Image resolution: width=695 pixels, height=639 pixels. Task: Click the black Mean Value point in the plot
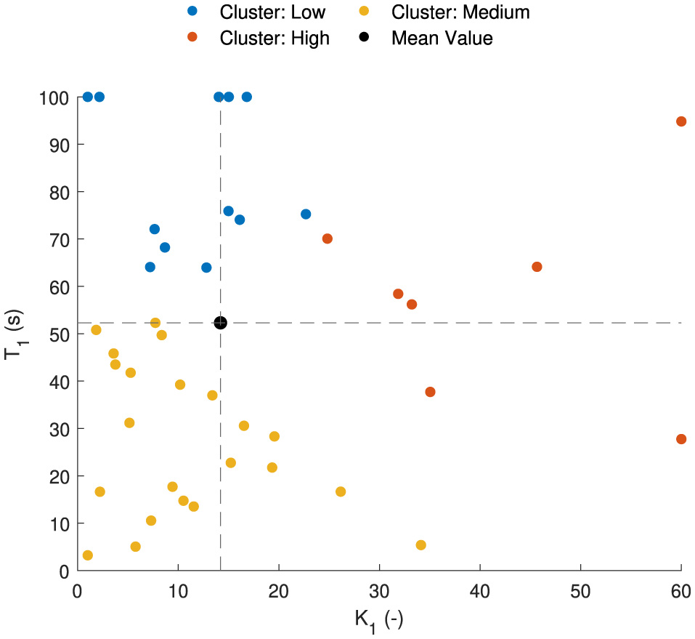221,323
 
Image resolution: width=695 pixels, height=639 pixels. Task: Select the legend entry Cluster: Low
272,12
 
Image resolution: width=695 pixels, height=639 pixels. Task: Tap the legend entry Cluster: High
275,38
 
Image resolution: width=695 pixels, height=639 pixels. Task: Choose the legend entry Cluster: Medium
460,12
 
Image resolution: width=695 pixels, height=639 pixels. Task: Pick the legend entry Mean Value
442,38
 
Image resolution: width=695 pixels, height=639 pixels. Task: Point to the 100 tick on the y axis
54,97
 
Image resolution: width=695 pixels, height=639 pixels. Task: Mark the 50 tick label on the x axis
580,591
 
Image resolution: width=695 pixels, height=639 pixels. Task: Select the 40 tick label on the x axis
479,591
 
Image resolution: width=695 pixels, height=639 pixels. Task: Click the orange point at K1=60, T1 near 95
681,121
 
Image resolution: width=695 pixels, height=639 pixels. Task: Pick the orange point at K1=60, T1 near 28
681,439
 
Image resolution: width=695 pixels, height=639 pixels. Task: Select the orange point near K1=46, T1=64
537,267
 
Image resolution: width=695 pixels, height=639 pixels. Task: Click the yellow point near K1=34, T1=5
420,545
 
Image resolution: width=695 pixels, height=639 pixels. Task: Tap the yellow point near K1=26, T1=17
341,492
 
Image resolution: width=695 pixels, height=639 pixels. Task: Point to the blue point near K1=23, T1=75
306,214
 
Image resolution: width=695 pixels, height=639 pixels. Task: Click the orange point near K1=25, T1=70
328,238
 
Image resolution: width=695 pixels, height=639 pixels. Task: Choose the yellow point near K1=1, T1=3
88,555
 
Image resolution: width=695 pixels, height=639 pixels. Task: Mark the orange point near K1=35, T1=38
430,392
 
